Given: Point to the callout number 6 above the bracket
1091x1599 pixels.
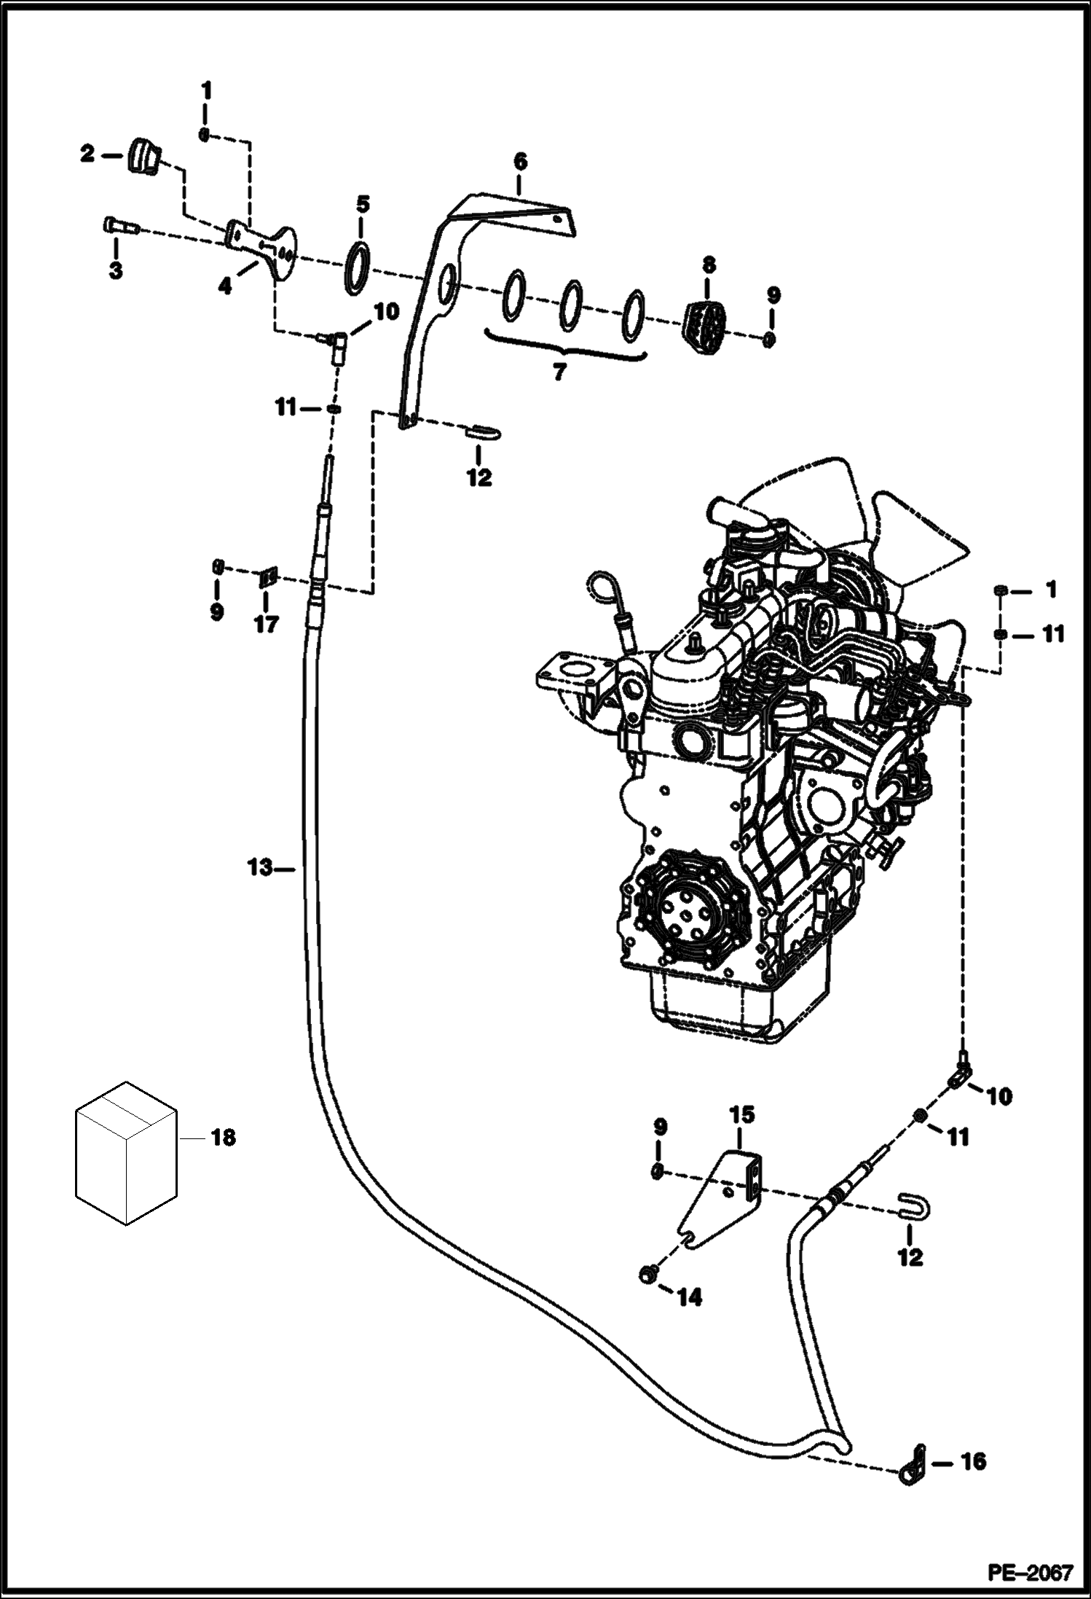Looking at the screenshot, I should tap(519, 162).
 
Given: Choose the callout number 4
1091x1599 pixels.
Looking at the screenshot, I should tap(226, 287).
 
